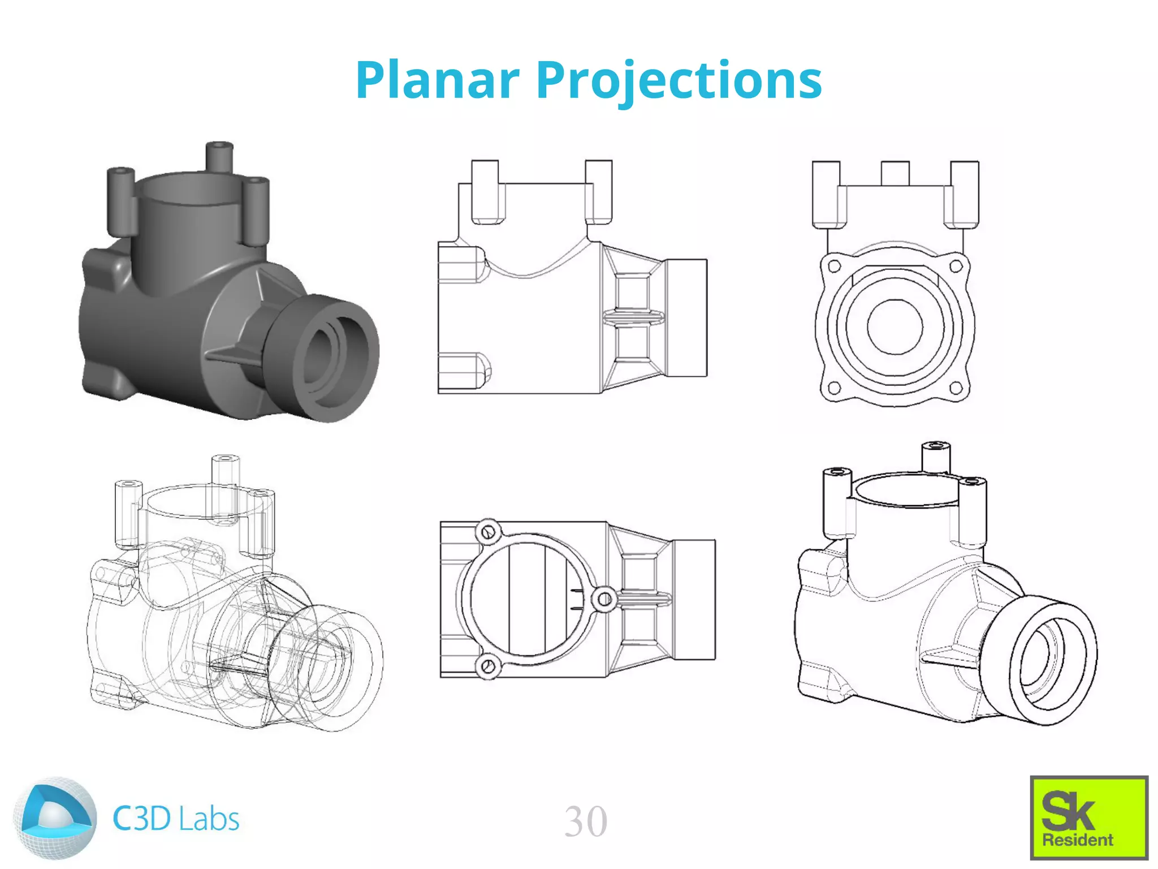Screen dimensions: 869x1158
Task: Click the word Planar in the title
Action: point(437,80)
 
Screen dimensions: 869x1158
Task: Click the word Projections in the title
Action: point(679,80)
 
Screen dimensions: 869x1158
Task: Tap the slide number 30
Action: point(586,821)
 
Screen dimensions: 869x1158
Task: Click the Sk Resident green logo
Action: point(1088,817)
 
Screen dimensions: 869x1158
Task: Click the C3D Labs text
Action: point(176,819)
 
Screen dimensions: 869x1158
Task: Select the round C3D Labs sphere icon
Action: point(55,819)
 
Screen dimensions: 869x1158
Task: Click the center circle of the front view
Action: point(895,327)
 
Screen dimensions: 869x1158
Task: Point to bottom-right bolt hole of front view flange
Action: point(956,388)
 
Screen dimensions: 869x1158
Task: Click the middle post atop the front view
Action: point(895,173)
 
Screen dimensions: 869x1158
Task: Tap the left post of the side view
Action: point(485,191)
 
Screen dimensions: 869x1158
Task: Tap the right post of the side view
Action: point(598,191)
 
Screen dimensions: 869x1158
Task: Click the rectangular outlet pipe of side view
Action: point(686,318)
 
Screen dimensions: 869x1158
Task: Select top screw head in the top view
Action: point(489,532)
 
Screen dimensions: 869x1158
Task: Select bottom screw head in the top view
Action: point(489,666)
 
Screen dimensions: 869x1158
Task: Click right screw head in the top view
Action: point(604,599)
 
